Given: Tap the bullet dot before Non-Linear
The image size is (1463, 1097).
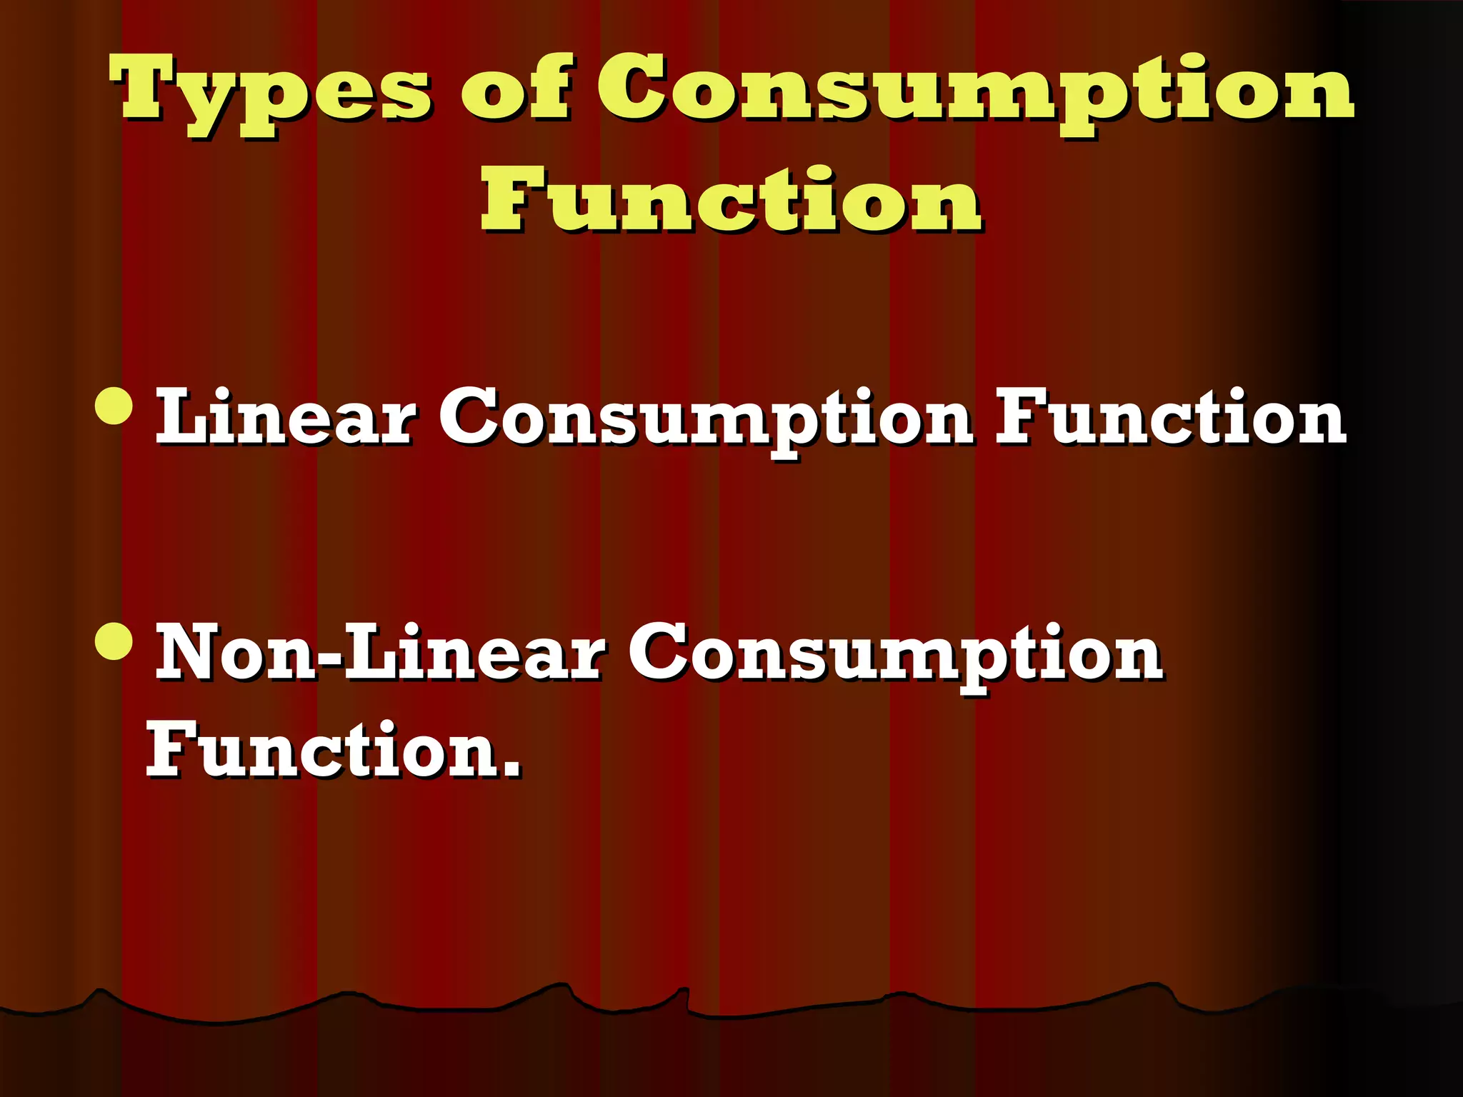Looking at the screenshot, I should (114, 641).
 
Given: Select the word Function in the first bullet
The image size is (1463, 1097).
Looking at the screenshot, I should (1170, 416).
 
